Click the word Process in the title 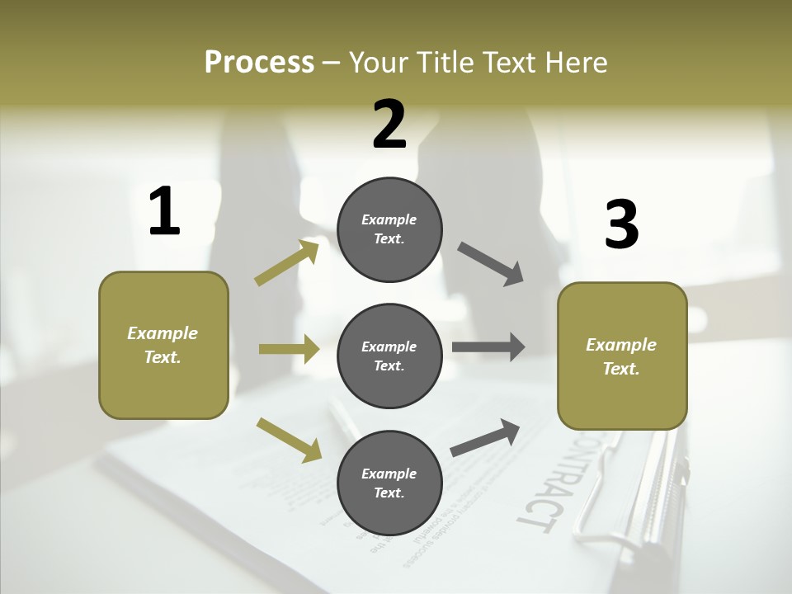click(x=259, y=62)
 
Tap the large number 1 click(x=164, y=211)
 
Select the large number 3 click(x=622, y=224)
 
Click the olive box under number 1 click(x=163, y=345)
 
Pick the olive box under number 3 click(x=622, y=356)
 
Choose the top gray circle click(x=389, y=229)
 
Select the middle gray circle click(x=389, y=356)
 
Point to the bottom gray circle click(x=389, y=483)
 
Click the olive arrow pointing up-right click(x=287, y=262)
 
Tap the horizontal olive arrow click(x=289, y=349)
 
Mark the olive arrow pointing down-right click(x=289, y=440)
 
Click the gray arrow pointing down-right click(x=491, y=264)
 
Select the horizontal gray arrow click(x=488, y=346)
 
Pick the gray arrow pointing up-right click(x=485, y=437)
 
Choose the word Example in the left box click(x=163, y=333)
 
